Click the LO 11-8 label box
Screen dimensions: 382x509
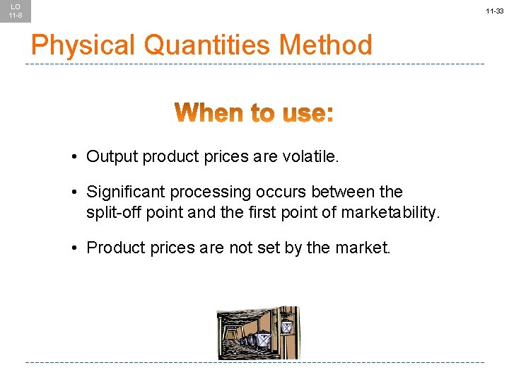pyautogui.click(x=15, y=11)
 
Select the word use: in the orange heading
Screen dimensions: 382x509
pyautogui.click(x=306, y=113)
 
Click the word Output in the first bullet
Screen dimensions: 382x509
pyautogui.click(x=112, y=156)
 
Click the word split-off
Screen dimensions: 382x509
pyautogui.click(x=112, y=212)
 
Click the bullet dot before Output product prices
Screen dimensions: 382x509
pyautogui.click(x=74, y=156)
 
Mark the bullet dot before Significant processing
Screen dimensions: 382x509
pyautogui.click(x=74, y=192)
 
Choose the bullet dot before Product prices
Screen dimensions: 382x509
pyautogui.click(x=74, y=248)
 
